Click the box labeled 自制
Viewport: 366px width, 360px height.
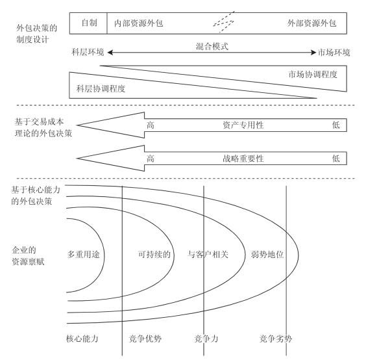point(88,23)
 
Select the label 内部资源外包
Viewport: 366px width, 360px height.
point(138,23)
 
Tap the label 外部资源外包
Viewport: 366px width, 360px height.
point(311,23)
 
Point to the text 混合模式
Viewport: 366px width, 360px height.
point(212,46)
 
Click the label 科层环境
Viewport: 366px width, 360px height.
point(88,52)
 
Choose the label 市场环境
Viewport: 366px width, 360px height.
point(334,53)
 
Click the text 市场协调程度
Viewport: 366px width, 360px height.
point(313,75)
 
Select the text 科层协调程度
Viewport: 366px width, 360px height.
point(101,88)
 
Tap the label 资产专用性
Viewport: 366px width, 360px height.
point(243,125)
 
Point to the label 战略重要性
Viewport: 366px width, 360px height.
point(243,159)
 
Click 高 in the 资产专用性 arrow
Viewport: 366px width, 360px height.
point(151,125)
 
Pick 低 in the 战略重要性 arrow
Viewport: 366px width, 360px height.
point(336,159)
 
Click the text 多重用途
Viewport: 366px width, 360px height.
point(83,254)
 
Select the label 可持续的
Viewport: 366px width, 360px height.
point(154,254)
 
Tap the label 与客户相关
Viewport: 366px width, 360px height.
point(208,254)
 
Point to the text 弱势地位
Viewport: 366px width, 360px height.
point(267,254)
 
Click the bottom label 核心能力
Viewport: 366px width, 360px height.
point(82,339)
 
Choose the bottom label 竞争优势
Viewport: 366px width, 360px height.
point(145,339)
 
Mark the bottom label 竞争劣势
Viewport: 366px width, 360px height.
point(276,339)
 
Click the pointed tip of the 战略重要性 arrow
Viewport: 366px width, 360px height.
point(77,159)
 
